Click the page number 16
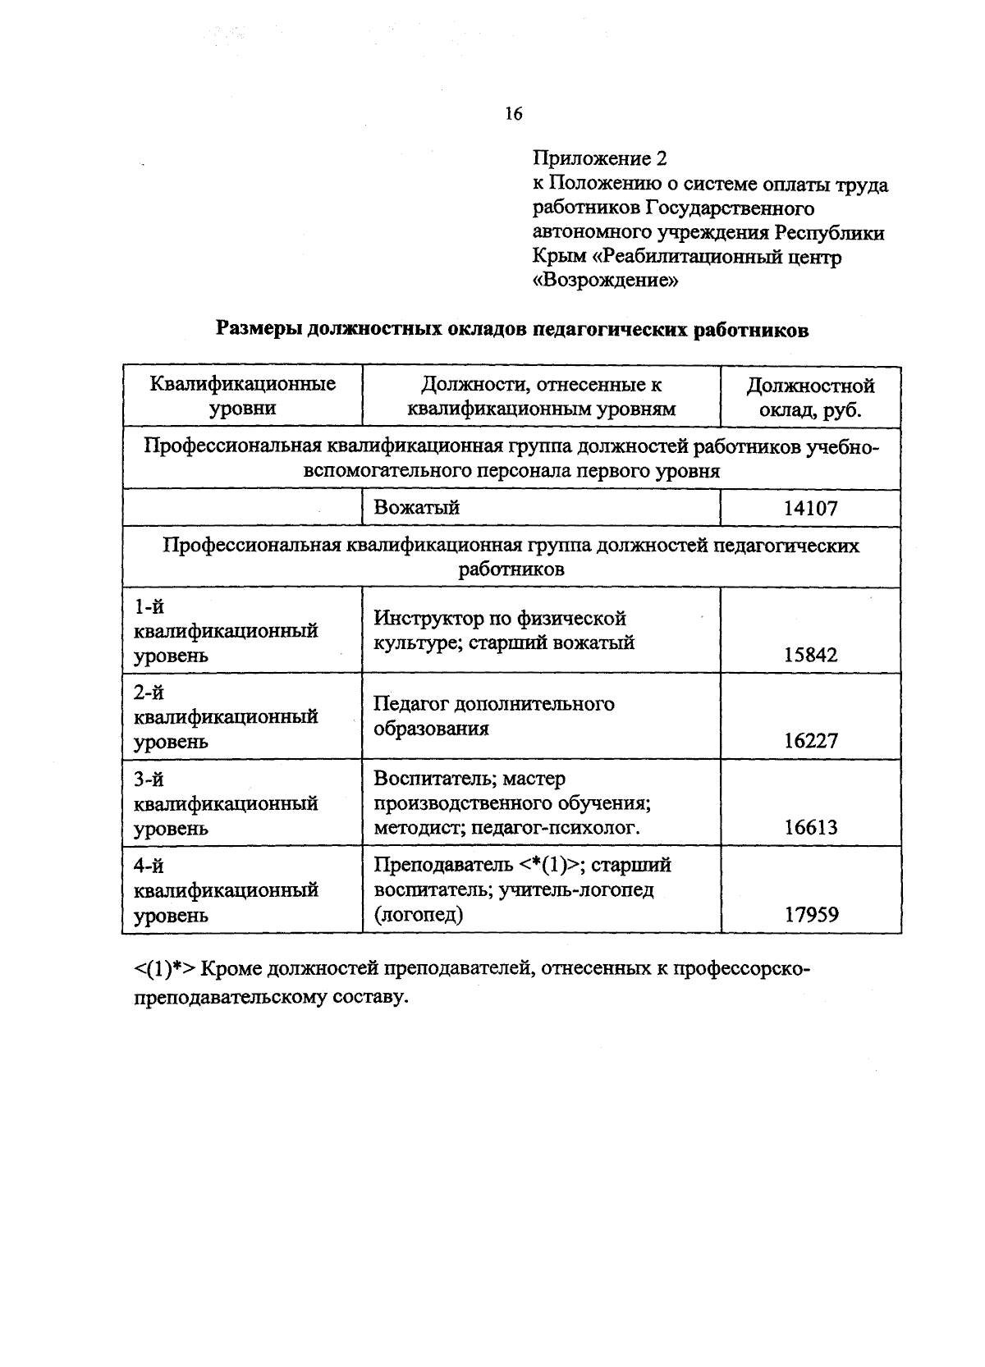click(x=514, y=114)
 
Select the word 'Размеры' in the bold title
click(x=257, y=330)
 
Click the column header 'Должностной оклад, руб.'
click(x=810, y=397)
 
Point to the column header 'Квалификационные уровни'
click(x=243, y=396)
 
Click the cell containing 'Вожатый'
click(x=416, y=507)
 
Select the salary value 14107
click(x=810, y=508)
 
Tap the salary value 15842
click(x=810, y=655)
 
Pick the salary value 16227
click(x=810, y=741)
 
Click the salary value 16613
click(x=810, y=827)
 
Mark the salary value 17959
click(x=810, y=914)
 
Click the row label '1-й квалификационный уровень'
click(x=226, y=631)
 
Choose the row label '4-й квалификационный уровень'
click(x=226, y=890)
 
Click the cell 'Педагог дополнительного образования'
click(x=493, y=716)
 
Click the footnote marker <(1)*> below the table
click(x=164, y=969)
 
